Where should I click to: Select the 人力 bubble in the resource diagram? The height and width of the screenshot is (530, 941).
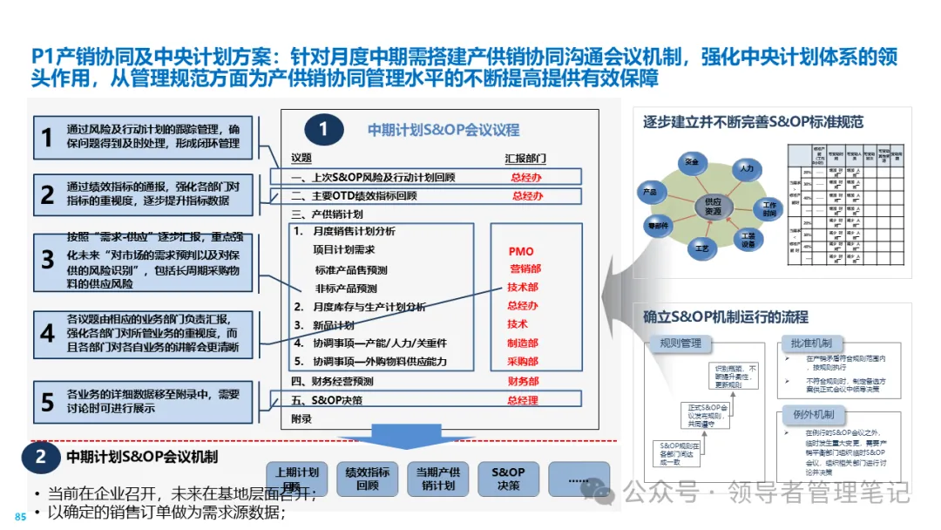(746, 166)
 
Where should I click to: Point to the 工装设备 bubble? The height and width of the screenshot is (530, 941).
(748, 239)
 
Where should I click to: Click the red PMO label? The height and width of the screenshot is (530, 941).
(521, 252)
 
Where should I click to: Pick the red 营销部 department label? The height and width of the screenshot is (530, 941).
(524, 269)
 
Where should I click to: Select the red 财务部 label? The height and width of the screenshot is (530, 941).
(523, 381)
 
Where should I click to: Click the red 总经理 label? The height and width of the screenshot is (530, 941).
(523, 400)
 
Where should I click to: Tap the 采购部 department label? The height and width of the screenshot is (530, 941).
(523, 362)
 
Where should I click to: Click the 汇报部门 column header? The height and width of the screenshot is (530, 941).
(526, 158)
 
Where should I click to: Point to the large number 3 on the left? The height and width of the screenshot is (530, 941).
(48, 261)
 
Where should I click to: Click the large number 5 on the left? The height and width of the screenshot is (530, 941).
(48, 402)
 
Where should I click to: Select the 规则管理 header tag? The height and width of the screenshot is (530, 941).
(680, 343)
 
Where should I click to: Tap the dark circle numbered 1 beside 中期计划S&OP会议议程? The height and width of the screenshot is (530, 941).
(323, 130)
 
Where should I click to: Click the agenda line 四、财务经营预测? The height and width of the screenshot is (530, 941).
(332, 381)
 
